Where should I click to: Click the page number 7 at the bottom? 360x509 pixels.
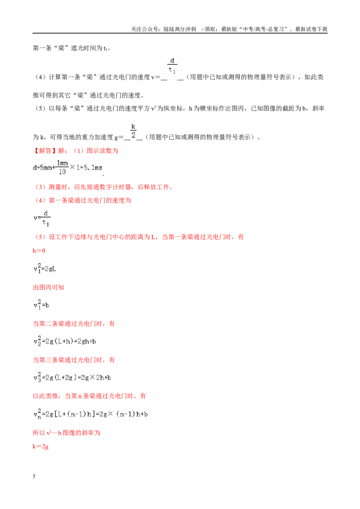tap(34, 477)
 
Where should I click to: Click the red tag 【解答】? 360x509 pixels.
tap(45, 151)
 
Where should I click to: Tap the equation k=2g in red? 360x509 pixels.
tap(40, 446)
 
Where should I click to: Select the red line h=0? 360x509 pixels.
tap(39, 250)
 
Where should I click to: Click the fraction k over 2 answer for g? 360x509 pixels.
tap(133, 131)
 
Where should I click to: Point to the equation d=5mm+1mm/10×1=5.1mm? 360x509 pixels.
tap(68, 168)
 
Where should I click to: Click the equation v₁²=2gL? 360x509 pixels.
tap(45, 268)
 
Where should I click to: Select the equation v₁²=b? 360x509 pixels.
tap(41, 305)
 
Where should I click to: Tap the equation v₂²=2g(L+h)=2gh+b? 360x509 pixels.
tap(65, 341)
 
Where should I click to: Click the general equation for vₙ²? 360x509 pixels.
tap(90, 414)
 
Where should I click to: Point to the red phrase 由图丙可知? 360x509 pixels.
tap(49, 287)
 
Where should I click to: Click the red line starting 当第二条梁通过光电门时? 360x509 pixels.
tap(74, 324)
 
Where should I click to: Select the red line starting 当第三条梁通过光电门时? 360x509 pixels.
tap(74, 360)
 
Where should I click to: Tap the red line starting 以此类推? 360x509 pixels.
tap(90, 396)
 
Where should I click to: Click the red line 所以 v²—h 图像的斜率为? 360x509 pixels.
tap(67, 433)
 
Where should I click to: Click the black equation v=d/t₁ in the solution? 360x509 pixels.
tap(42, 218)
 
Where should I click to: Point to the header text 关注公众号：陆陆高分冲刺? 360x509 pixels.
tap(163, 29)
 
